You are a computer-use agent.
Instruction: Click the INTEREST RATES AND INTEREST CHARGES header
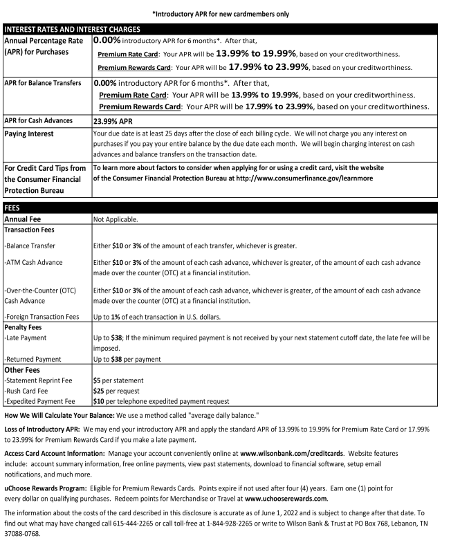(x=73, y=30)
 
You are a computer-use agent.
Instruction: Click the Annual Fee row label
(x=24, y=219)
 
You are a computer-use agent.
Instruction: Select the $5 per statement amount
(x=118, y=380)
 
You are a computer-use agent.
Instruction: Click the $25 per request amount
(x=118, y=391)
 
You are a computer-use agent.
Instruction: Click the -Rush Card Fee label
(x=30, y=391)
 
